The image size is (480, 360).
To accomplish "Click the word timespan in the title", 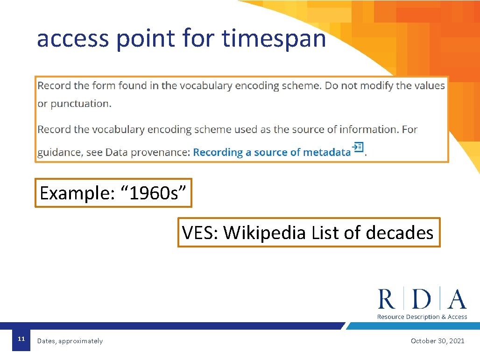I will pyautogui.click(x=274, y=38).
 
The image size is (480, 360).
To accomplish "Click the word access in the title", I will pyautogui.click(x=72, y=38).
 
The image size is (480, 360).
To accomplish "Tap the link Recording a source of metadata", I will pyautogui.click(x=271, y=152).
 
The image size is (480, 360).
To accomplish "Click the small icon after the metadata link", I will pyautogui.click(x=358, y=147).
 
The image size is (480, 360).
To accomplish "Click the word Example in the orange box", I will pyautogui.click(x=73, y=193).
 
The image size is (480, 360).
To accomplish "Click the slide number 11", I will pyautogui.click(x=21, y=339).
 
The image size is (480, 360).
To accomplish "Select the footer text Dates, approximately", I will pyautogui.click(x=70, y=341).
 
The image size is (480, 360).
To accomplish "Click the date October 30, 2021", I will pyautogui.click(x=437, y=341).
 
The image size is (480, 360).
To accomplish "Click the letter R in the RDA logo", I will pyautogui.click(x=386, y=299).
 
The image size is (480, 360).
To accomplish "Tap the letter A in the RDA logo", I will pyautogui.click(x=457, y=299).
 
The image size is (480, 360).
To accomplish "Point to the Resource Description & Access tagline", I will pyautogui.click(x=422, y=317).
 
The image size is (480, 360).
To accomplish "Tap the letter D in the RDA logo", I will pyautogui.click(x=422, y=299).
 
